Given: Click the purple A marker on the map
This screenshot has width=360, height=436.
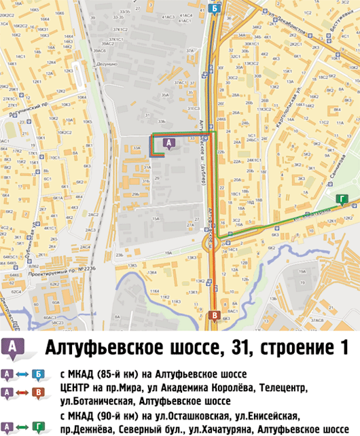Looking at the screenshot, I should [x=169, y=142].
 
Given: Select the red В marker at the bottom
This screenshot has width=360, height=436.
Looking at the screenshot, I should [x=215, y=316].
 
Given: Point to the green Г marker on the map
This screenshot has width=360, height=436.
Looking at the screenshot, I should [x=342, y=198].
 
